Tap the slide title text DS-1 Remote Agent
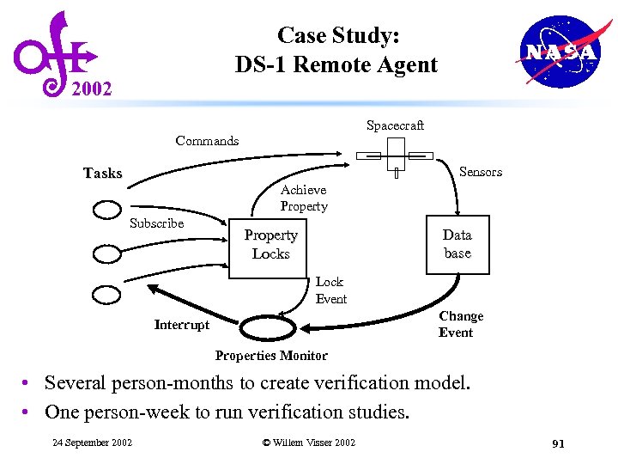336,64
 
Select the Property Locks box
270,245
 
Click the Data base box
457,243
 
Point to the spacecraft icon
396,158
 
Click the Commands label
207,141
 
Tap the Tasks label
103,174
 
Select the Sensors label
481,172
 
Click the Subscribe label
156,223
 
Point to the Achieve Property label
304,198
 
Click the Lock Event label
330,290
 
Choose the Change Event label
461,324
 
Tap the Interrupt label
181,325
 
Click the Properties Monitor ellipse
270,328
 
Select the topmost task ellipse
107,210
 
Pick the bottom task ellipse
107,294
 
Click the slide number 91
557,443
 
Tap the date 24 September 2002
92,443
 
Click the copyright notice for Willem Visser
308,443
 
